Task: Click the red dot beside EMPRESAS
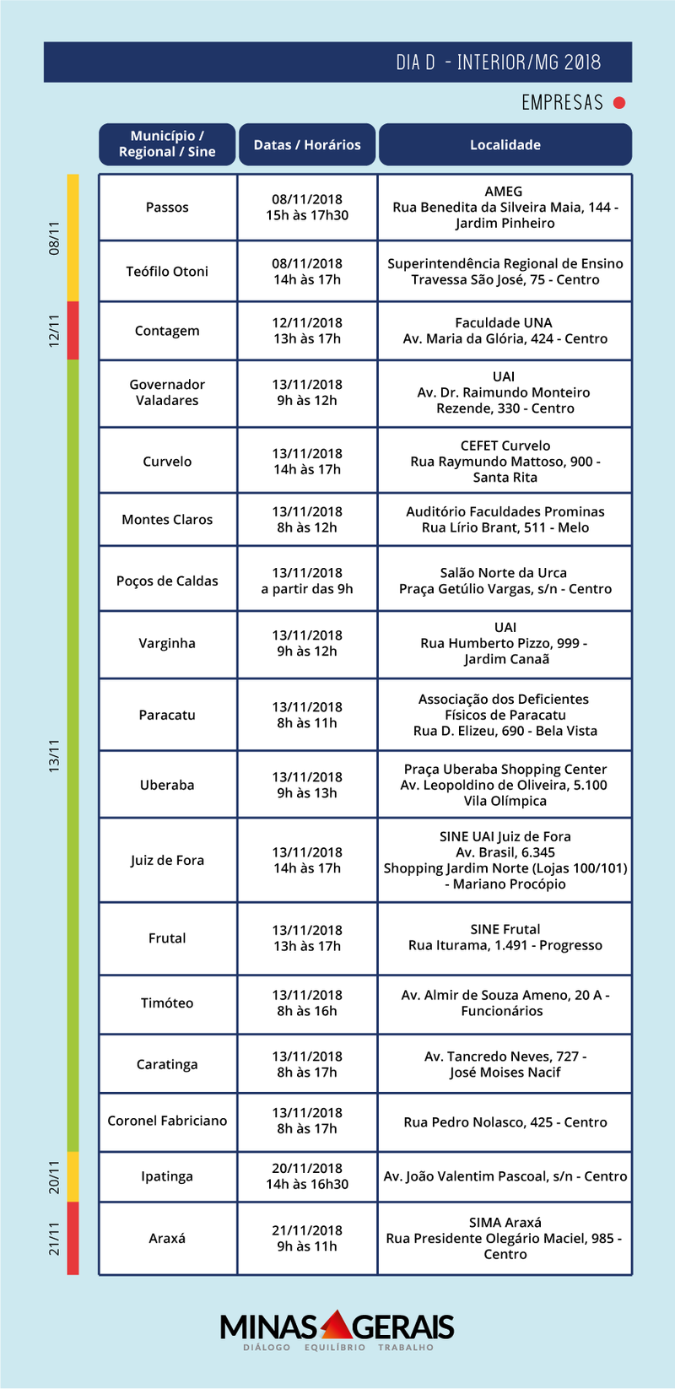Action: click(x=619, y=103)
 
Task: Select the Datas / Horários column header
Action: click(x=307, y=144)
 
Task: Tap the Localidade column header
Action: click(x=505, y=144)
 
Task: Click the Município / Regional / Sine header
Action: click(x=167, y=144)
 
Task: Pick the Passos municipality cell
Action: click(x=167, y=208)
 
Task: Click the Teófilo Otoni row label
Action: click(x=167, y=272)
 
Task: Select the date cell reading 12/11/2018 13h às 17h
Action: click(x=307, y=331)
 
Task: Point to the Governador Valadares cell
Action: click(x=167, y=392)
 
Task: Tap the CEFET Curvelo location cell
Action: click(x=505, y=461)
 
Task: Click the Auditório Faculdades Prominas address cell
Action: click(x=505, y=520)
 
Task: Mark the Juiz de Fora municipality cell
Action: click(x=167, y=860)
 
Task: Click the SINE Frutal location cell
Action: click(x=505, y=938)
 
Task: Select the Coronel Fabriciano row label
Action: click(x=167, y=1121)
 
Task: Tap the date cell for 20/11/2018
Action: click(x=307, y=1176)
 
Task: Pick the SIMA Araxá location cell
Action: click(x=505, y=1238)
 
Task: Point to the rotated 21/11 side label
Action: click(x=55, y=1238)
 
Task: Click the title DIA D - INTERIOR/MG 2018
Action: click(x=498, y=62)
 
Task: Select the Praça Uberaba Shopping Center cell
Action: click(x=505, y=785)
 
